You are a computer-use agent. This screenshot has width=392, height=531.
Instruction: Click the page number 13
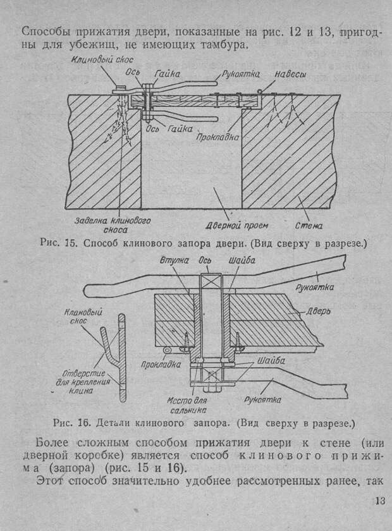click(x=380, y=501)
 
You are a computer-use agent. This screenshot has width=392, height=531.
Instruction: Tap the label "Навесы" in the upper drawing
click(x=290, y=74)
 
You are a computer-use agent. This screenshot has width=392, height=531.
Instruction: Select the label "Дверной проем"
click(x=237, y=225)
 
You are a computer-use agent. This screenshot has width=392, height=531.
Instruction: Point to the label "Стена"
click(x=309, y=226)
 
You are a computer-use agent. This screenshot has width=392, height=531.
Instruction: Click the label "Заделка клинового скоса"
click(x=113, y=225)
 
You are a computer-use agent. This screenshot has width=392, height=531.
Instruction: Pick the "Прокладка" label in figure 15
click(x=217, y=137)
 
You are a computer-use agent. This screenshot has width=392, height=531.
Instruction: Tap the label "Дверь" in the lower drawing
click(x=319, y=311)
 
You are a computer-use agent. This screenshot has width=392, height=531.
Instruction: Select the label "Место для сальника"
click(x=187, y=405)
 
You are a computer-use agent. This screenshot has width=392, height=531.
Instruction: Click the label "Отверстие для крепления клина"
click(x=83, y=382)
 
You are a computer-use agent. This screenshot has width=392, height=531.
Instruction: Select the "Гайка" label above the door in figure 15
click(x=168, y=73)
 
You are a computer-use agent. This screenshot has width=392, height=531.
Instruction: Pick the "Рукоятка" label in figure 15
click(x=241, y=74)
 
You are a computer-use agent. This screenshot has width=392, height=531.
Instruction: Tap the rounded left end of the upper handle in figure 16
click(x=89, y=291)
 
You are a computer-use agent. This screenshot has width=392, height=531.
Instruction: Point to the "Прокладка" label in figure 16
click(x=161, y=364)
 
